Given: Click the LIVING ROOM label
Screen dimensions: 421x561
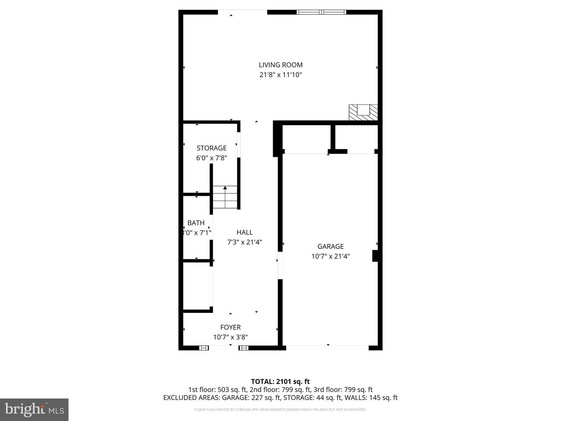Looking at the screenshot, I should tap(280, 65).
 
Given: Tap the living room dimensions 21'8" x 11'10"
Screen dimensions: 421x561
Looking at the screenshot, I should tap(280, 75).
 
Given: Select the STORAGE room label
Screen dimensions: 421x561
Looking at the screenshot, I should tap(212, 148).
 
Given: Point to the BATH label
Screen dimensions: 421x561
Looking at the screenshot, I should tap(196, 223).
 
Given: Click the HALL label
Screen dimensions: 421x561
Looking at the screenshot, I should tap(245, 232).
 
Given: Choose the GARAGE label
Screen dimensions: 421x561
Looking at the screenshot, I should tap(330, 246).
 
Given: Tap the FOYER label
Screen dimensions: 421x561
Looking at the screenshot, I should tap(230, 327).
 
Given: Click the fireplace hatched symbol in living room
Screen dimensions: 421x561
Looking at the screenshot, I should tap(363, 112).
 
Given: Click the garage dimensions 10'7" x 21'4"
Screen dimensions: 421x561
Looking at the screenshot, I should tap(330, 256).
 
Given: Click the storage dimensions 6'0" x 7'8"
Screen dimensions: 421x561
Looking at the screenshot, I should tap(212, 158).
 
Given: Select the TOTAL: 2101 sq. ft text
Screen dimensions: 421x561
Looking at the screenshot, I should tap(280, 382).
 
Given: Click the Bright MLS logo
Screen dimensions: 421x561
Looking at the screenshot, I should tap(34, 409).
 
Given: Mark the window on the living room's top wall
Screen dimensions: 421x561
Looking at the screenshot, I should tap(321, 12).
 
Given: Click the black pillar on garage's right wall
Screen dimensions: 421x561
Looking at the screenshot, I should tap(376, 256).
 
